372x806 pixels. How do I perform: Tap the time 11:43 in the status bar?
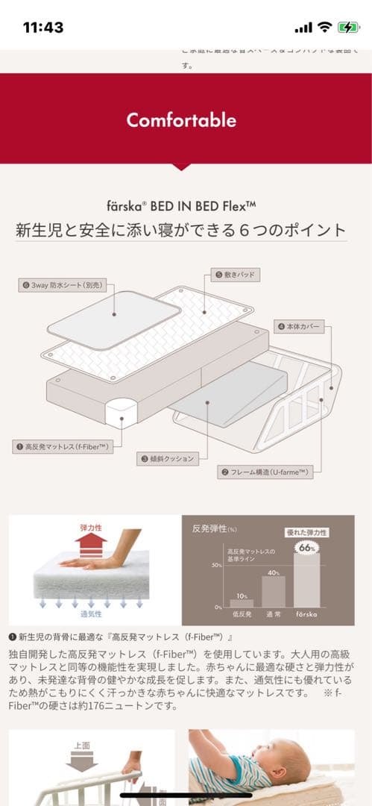[43, 28]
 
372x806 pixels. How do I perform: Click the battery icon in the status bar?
[347, 28]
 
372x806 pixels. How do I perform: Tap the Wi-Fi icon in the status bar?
[324, 28]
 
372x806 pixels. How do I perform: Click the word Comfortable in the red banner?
[181, 120]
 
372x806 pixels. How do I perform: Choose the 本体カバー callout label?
[300, 326]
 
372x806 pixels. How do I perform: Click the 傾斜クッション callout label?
[167, 459]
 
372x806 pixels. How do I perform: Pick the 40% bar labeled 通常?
[273, 591]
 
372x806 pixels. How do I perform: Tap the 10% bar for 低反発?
[242, 602]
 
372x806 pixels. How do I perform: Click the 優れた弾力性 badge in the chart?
[307, 532]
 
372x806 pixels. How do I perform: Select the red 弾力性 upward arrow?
[90, 542]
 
